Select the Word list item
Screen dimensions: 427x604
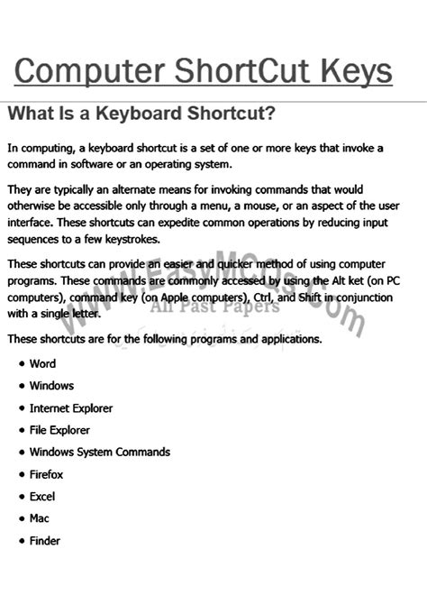(42, 363)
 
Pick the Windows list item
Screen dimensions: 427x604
(51, 386)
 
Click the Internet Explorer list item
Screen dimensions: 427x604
(71, 408)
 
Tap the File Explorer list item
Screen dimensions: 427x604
(59, 430)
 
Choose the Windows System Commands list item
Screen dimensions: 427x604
(99, 453)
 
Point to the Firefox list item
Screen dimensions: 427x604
(47, 474)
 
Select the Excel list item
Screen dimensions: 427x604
(43, 497)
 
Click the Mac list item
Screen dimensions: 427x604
(40, 518)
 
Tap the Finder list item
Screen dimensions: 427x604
(45, 541)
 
